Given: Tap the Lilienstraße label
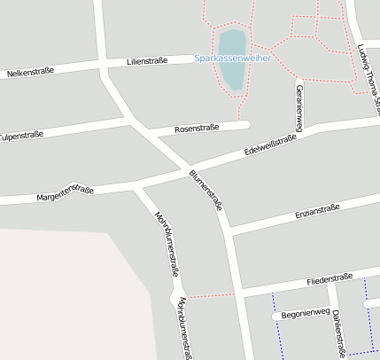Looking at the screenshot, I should click(x=147, y=61).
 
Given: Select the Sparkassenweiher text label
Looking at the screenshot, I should click(x=232, y=58).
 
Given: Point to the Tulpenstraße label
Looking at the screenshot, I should click(x=22, y=137).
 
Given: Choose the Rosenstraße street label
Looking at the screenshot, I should click(x=197, y=129).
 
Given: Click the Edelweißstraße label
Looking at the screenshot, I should click(x=270, y=146).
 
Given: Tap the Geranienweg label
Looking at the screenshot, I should click(x=299, y=108).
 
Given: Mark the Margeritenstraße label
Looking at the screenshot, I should click(x=65, y=192).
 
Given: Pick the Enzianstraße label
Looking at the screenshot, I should click(x=316, y=211).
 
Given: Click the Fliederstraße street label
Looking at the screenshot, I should click(x=330, y=278).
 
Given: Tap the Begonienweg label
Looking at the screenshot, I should click(x=305, y=312).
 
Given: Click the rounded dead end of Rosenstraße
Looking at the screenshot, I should click(x=245, y=125).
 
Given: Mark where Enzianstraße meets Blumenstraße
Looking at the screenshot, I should click(x=229, y=231).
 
